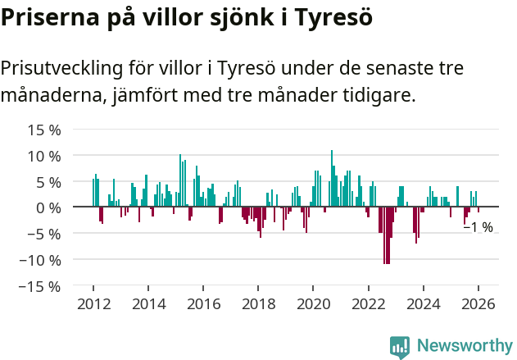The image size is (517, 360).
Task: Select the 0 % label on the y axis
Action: [48, 207]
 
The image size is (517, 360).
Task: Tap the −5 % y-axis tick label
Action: [43, 234]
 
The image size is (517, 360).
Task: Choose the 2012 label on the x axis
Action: [93, 304]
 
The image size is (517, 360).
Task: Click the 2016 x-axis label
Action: [203, 304]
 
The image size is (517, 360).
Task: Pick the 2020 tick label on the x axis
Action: [313, 304]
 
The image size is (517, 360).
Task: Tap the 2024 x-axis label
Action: [424, 304]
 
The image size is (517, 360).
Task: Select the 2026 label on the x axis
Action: [478, 304]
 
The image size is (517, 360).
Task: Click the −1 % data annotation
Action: [478, 227]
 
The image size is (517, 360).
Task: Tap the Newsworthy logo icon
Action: [399, 346]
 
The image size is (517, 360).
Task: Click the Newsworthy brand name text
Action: [464, 346]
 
